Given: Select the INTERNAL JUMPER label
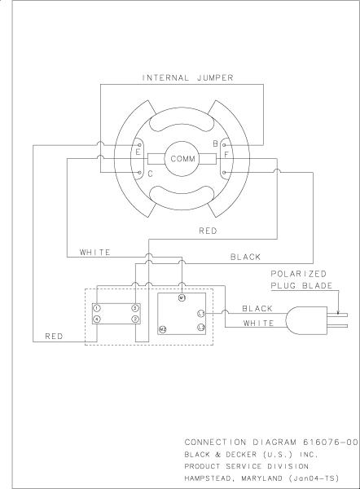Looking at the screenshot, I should pyautogui.click(x=187, y=78).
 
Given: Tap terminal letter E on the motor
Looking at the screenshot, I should pyautogui.click(x=138, y=152).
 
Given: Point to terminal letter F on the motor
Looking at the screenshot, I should pyautogui.click(x=226, y=152).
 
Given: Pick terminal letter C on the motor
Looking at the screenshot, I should pyautogui.click(x=149, y=174).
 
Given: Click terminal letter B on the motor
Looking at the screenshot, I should pyautogui.click(x=215, y=143).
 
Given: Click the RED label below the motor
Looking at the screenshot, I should pyautogui.click(x=207, y=231).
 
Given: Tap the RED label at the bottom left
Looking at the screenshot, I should pyautogui.click(x=55, y=335).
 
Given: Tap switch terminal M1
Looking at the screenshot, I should pyautogui.click(x=183, y=300).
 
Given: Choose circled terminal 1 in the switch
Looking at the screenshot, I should pyautogui.click(x=96, y=307).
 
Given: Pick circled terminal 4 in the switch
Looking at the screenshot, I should pyautogui.click(x=96, y=319).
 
